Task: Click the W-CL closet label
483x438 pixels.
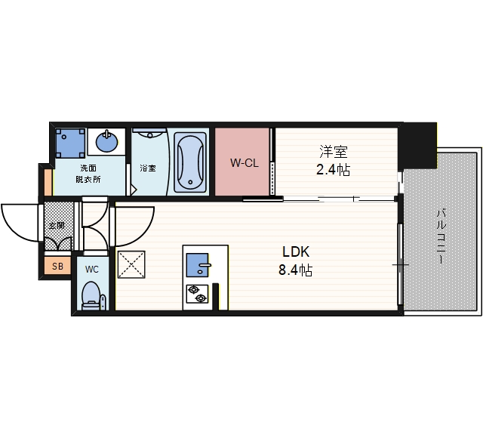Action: click(243, 162)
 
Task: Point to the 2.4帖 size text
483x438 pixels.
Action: click(332, 170)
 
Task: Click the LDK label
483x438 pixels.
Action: click(297, 252)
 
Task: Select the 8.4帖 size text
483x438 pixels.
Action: click(296, 270)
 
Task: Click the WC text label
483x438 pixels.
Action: click(91, 269)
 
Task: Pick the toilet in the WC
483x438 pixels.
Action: click(91, 295)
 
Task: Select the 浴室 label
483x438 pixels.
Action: click(147, 168)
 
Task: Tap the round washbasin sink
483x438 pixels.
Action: click(106, 140)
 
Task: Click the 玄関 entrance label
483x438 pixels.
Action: click(57, 225)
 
